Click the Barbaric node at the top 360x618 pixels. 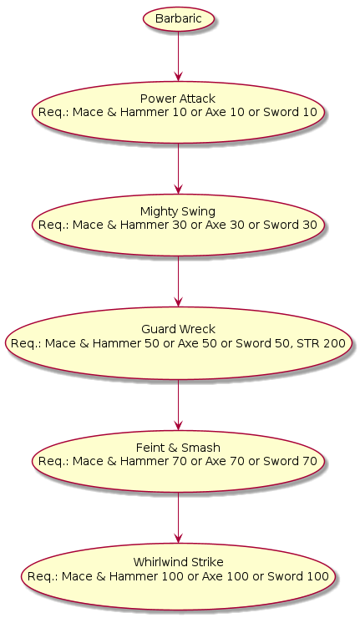(178, 19)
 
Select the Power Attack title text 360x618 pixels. (178, 99)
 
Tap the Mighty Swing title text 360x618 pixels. (178, 211)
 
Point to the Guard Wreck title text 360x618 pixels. (178, 329)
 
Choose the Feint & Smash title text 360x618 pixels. (178, 448)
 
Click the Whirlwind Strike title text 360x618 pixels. (178, 562)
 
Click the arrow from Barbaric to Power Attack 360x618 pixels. (178, 56)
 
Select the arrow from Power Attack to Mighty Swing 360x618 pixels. (178, 169)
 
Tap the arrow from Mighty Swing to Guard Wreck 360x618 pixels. (178, 281)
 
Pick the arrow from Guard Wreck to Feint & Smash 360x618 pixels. (178, 405)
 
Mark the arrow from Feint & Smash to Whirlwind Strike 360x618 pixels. (178, 518)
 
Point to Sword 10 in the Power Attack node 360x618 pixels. (290, 113)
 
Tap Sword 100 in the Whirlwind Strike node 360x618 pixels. (298, 576)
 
